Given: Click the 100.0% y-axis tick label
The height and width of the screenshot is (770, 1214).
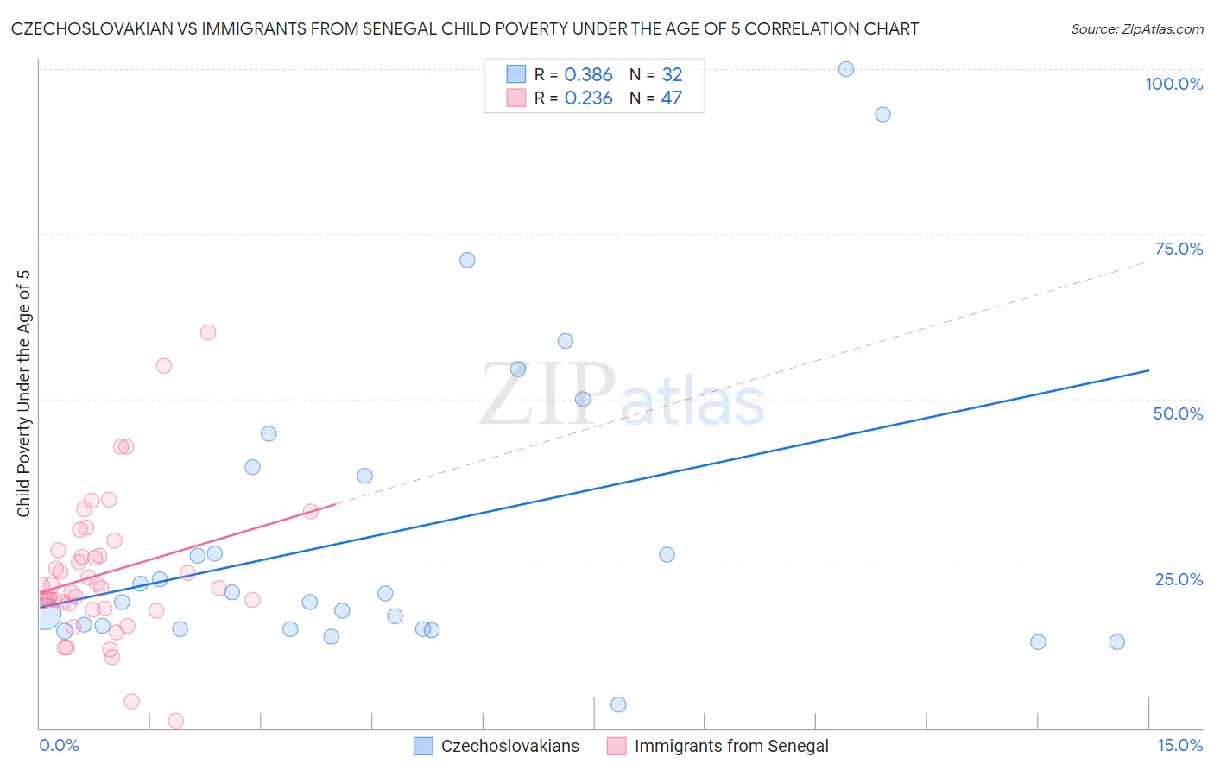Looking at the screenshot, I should pyautogui.click(x=1173, y=84).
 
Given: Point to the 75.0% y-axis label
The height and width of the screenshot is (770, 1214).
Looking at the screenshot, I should pyautogui.click(x=1179, y=249).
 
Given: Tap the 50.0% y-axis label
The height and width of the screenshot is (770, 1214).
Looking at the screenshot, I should pyautogui.click(x=1178, y=413).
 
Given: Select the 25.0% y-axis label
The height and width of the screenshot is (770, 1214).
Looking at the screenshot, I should pyautogui.click(x=1179, y=578).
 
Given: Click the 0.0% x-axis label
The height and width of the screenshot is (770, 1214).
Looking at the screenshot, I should pyautogui.click(x=59, y=745).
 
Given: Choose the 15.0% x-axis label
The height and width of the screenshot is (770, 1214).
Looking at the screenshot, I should pyautogui.click(x=1179, y=745).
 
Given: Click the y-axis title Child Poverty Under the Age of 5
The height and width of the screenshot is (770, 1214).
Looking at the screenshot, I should pyautogui.click(x=23, y=394).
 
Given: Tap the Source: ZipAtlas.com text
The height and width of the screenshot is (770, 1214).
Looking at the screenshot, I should pyautogui.click(x=1136, y=28).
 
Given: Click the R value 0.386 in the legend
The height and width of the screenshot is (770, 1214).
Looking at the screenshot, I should pyautogui.click(x=588, y=75).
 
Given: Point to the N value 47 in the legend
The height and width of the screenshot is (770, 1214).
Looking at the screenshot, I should pyautogui.click(x=671, y=98).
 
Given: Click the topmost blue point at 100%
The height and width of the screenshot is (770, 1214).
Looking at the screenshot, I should pyautogui.click(x=846, y=69).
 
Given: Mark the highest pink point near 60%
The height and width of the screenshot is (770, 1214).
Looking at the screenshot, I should pyautogui.click(x=208, y=332).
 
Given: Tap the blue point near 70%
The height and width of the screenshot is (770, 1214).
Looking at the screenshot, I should pyautogui.click(x=467, y=260).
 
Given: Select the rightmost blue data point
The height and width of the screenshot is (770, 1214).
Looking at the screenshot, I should pyautogui.click(x=1116, y=641).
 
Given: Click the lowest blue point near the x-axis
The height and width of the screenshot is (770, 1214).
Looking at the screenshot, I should pyautogui.click(x=618, y=704).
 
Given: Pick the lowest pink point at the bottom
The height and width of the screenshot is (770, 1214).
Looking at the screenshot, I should pyautogui.click(x=176, y=721).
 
